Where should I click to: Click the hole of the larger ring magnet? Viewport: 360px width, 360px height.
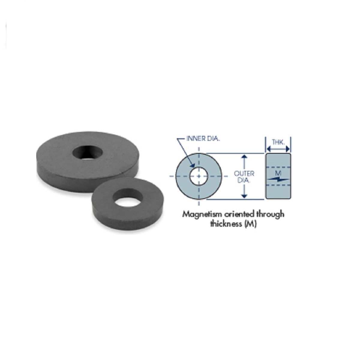(x=88, y=152)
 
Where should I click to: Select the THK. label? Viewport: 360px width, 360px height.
(x=278, y=142)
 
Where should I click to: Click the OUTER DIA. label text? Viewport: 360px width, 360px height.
(x=244, y=177)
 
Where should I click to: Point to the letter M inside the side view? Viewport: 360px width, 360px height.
(x=278, y=173)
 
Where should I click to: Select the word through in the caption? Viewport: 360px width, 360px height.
(x=271, y=214)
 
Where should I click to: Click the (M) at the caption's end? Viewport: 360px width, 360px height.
(x=250, y=224)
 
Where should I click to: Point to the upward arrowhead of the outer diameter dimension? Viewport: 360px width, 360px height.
(x=244, y=157)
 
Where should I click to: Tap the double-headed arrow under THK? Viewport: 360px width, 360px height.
(x=278, y=149)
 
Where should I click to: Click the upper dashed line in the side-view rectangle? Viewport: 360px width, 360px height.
(x=278, y=166)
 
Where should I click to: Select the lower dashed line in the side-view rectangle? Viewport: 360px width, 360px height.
(x=278, y=185)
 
